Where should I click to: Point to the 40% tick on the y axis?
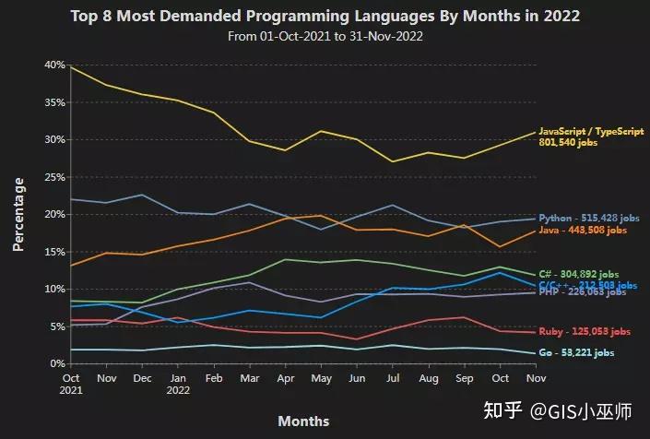tap(53, 65)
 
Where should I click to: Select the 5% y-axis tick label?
tap(56, 326)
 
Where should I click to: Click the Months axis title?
tap(303, 421)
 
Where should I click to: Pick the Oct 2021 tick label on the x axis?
tap(71, 385)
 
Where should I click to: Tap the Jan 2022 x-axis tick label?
tap(179, 385)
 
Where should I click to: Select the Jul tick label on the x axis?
tap(394, 378)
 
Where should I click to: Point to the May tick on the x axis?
tap(322, 378)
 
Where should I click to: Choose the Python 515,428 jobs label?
tap(588, 219)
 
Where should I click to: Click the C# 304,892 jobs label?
tap(585, 275)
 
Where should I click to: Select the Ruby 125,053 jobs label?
tap(585, 332)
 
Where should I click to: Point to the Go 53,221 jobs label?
tap(584, 353)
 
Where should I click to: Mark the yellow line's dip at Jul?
tap(394, 161)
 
